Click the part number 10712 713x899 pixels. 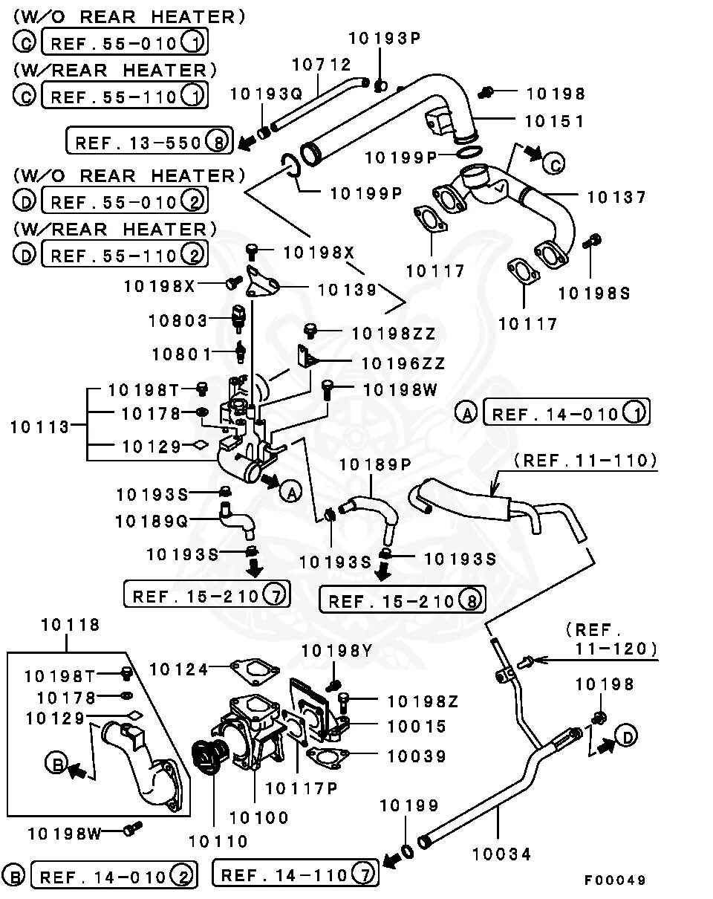[x=321, y=65]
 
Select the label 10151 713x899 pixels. [x=556, y=120]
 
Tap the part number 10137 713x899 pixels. [x=616, y=197]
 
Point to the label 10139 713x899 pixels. [x=348, y=290]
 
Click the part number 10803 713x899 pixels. [x=178, y=320]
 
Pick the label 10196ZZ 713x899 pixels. [x=403, y=363]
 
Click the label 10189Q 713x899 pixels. [x=152, y=522]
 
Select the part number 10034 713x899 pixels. [x=502, y=854]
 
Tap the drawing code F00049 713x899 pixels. [x=615, y=880]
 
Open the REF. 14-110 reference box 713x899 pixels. [x=295, y=874]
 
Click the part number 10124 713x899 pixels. [x=180, y=669]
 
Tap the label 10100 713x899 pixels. [x=258, y=818]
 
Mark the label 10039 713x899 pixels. [x=417, y=756]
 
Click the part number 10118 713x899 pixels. [x=70, y=625]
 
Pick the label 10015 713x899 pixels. [x=417, y=727]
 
